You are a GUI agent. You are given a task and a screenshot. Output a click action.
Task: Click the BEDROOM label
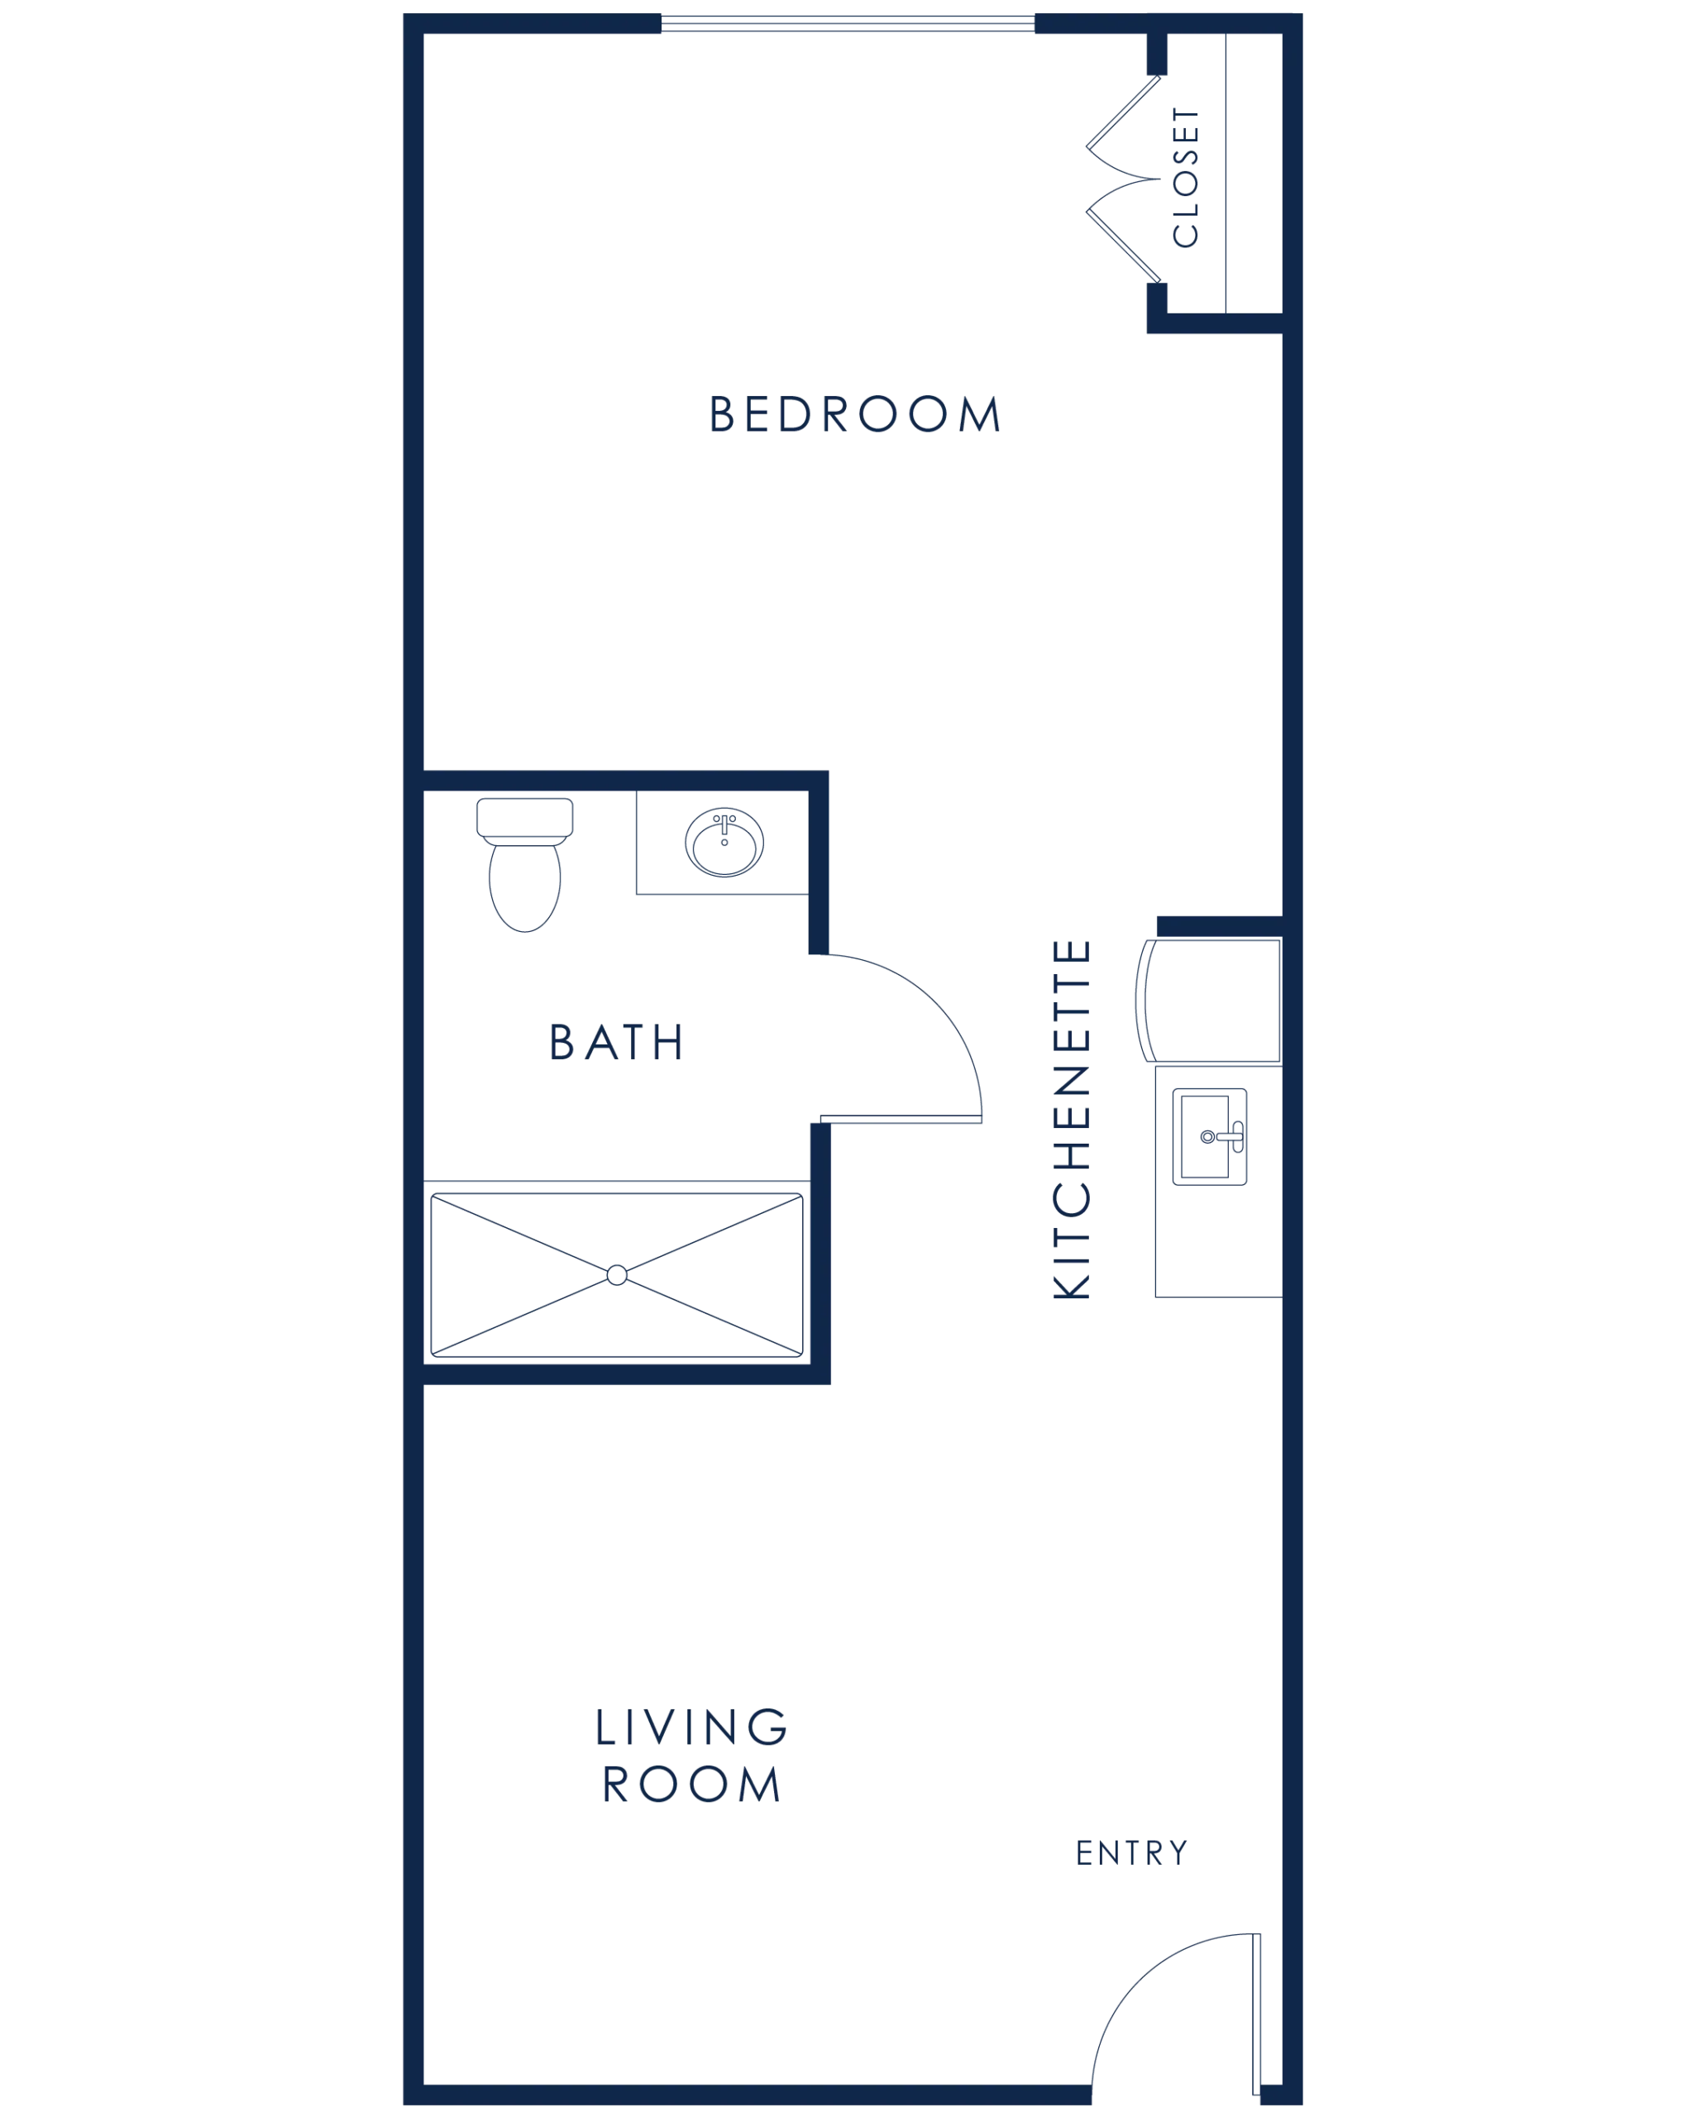click(x=854, y=413)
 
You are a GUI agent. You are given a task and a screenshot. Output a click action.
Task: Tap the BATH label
click(x=615, y=1042)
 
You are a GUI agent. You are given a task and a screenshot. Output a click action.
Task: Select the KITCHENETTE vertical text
click(x=1071, y=1120)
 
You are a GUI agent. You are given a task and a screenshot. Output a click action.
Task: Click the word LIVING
click(x=691, y=1727)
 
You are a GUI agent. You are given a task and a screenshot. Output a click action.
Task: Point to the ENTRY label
click(x=1132, y=1852)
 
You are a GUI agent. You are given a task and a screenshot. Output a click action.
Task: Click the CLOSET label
click(x=1186, y=177)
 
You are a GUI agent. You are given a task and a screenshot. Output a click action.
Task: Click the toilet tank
click(x=525, y=818)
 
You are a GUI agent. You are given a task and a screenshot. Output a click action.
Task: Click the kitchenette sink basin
click(x=1205, y=1136)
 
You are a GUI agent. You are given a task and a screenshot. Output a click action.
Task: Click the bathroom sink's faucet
click(x=724, y=824)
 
